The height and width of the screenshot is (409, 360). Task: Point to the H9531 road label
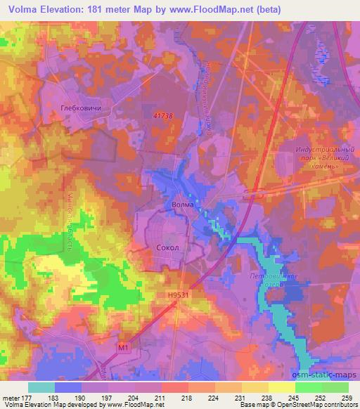[x=179, y=297]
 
